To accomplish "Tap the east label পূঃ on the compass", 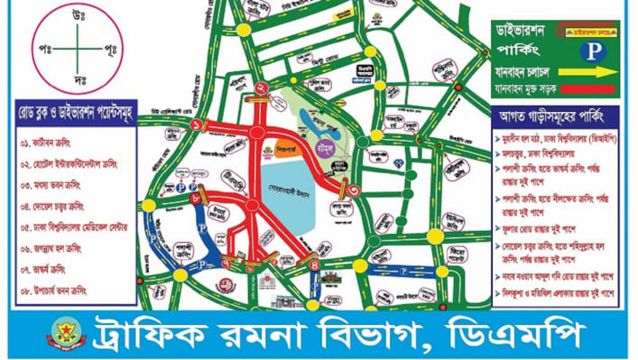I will click(x=111, y=44).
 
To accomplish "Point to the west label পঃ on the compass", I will click(x=42, y=44).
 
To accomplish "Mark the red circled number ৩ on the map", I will click(x=355, y=190).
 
